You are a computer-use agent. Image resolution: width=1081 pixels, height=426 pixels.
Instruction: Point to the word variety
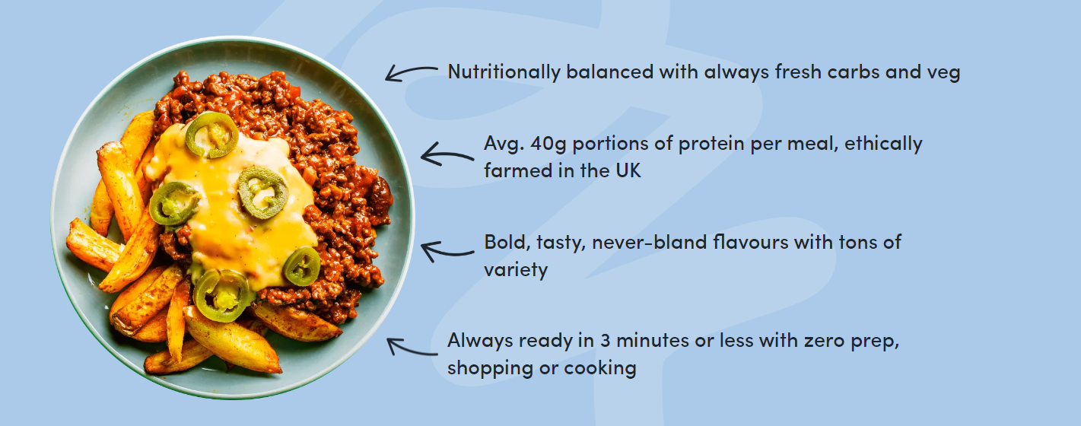(x=516, y=270)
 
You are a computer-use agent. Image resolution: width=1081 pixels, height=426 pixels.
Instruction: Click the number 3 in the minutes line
(x=606, y=341)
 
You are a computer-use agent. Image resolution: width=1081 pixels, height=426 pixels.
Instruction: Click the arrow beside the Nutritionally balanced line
(x=411, y=73)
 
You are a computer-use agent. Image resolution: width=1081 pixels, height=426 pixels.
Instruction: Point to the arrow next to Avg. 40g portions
(x=447, y=155)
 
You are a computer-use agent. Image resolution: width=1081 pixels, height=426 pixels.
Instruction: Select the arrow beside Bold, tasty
(x=447, y=252)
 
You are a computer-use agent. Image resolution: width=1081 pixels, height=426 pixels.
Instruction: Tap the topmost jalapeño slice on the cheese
(x=211, y=135)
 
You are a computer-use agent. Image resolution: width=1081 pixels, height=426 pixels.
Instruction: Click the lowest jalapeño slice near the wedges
(x=223, y=296)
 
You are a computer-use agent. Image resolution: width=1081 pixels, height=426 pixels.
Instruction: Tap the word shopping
(x=491, y=369)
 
